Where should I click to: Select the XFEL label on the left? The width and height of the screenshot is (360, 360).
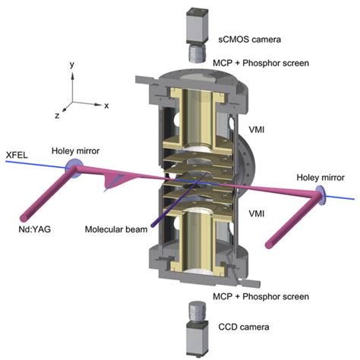(17, 153)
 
